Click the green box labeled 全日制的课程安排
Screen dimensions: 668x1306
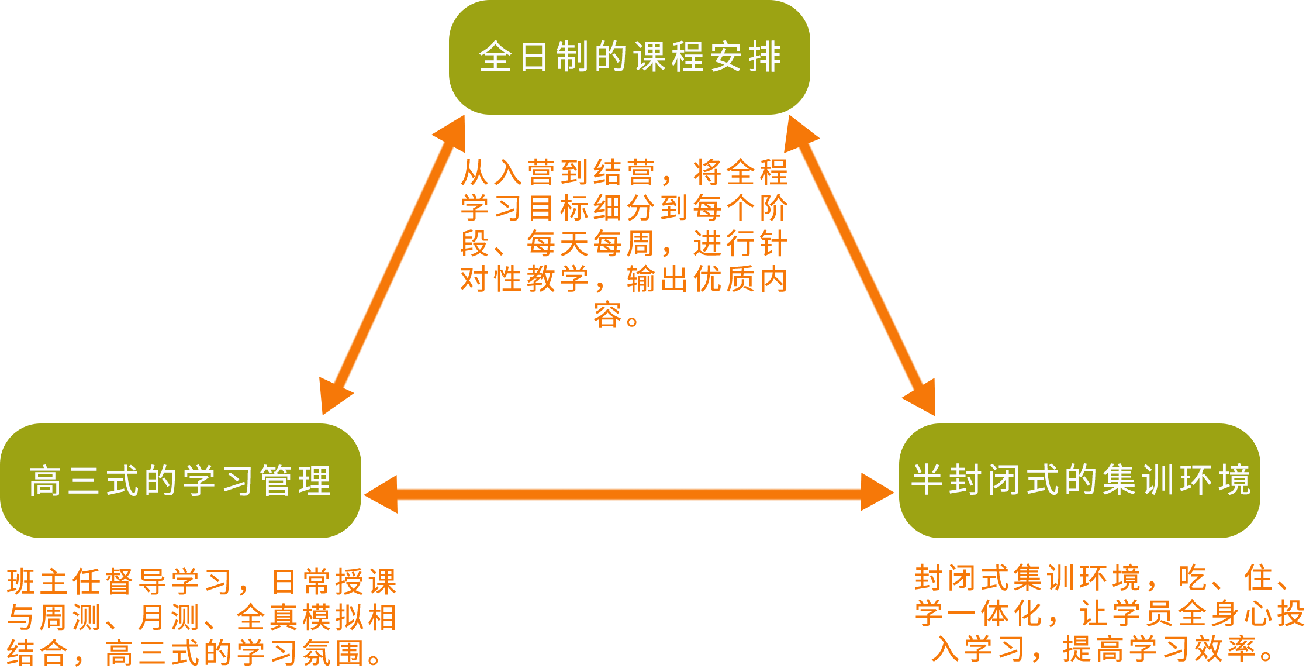point(629,57)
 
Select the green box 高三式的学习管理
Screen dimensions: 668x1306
point(180,480)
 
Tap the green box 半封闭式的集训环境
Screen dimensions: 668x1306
point(1079,480)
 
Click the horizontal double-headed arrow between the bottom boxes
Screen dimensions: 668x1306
point(629,494)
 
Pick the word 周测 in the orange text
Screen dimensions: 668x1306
point(72,618)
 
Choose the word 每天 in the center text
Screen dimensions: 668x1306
point(558,243)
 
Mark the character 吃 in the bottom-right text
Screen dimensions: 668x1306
point(1193,579)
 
